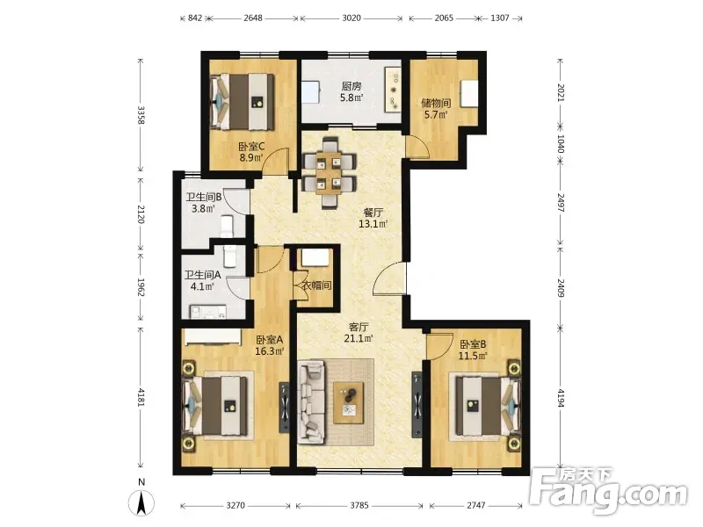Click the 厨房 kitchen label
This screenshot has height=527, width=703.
(351, 86)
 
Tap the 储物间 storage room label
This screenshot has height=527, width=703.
(436, 103)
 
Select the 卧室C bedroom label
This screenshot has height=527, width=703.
(251, 147)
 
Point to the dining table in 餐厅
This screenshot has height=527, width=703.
(330, 173)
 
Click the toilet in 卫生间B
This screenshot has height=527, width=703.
(228, 226)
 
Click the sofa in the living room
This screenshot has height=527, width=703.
(312, 402)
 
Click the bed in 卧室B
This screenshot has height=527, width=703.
(487, 406)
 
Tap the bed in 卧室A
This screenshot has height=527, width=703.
(216, 406)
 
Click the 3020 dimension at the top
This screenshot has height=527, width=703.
(351, 18)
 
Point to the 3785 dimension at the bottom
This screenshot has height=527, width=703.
(359, 506)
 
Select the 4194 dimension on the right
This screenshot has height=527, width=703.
(561, 398)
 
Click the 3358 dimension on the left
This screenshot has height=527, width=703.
(141, 115)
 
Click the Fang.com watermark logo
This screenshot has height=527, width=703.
(608, 491)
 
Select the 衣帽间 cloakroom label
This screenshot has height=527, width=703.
(316, 285)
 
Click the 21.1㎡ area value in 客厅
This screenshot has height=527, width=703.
(359, 338)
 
